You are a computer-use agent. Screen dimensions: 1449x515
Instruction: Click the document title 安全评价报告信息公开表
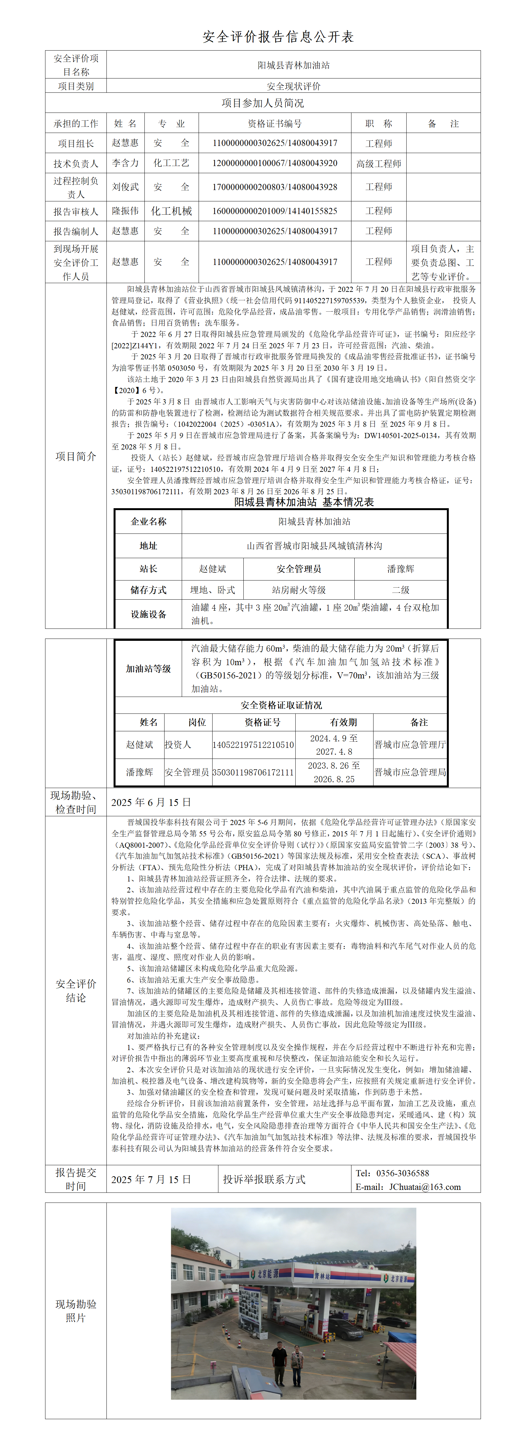(278, 37)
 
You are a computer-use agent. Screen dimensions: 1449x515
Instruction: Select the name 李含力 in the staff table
(125, 163)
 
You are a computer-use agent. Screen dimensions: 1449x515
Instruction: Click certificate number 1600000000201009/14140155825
(275, 211)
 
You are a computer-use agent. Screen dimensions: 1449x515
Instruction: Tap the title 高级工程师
(378, 164)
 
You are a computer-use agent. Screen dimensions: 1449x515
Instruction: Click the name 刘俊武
(125, 187)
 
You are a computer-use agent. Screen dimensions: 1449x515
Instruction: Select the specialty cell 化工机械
(171, 211)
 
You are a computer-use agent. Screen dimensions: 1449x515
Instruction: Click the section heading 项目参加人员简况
(263, 103)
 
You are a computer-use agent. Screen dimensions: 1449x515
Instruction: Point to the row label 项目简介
(75, 456)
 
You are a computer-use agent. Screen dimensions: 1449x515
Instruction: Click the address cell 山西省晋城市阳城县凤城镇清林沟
(314, 545)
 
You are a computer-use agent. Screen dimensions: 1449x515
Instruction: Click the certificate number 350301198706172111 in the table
(253, 772)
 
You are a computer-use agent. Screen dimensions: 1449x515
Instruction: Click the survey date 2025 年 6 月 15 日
(151, 802)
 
